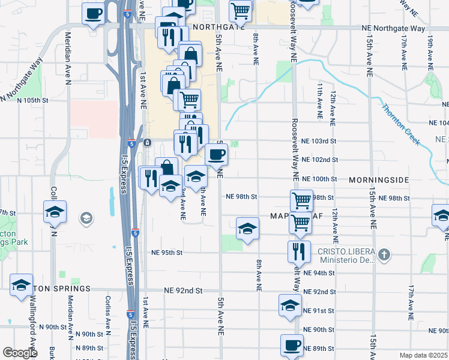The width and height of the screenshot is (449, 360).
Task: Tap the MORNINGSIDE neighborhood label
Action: [x=379, y=179]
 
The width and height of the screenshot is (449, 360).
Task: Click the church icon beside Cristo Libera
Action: [x=385, y=256]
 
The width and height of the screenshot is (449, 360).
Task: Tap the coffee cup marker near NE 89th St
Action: [x=292, y=346]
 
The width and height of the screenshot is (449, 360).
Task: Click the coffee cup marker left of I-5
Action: [x=93, y=13]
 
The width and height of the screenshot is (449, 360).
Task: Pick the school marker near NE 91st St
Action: [x=290, y=305]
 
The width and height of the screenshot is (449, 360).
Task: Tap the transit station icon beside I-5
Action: [x=147, y=142]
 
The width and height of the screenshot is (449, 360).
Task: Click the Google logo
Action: [x=20, y=352]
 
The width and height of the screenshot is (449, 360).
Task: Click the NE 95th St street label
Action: [x=166, y=253]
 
